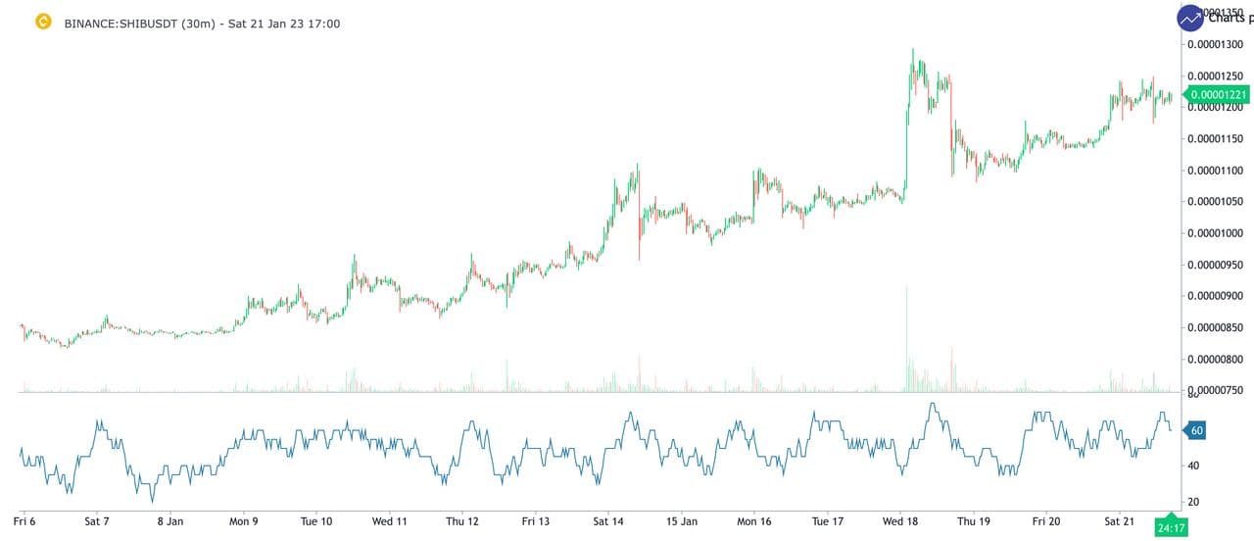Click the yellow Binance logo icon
tap(43, 22)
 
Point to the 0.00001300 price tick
tap(1216, 44)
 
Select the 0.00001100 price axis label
tap(1216, 171)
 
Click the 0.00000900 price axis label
tap(1216, 296)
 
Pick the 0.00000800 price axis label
tap(1216, 360)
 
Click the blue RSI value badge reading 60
tap(1196, 429)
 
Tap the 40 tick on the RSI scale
tap(1194, 466)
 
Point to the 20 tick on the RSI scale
tap(1194, 502)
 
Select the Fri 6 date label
tap(24, 522)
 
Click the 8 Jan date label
tap(169, 522)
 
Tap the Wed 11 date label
tap(389, 522)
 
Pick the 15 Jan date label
tap(681, 522)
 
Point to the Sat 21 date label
tap(1121, 522)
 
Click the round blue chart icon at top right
tap(1191, 18)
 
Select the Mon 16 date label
tap(754, 522)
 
